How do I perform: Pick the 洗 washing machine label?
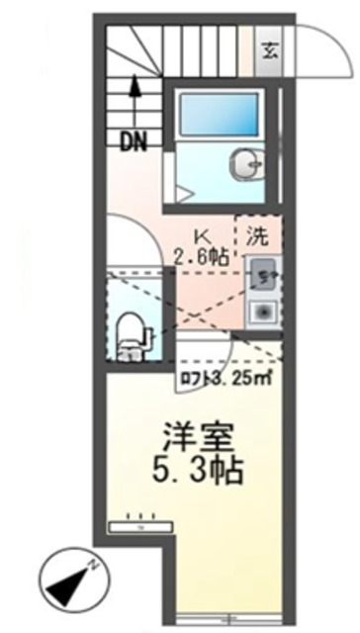(256, 237)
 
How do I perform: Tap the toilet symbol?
(130, 331)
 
